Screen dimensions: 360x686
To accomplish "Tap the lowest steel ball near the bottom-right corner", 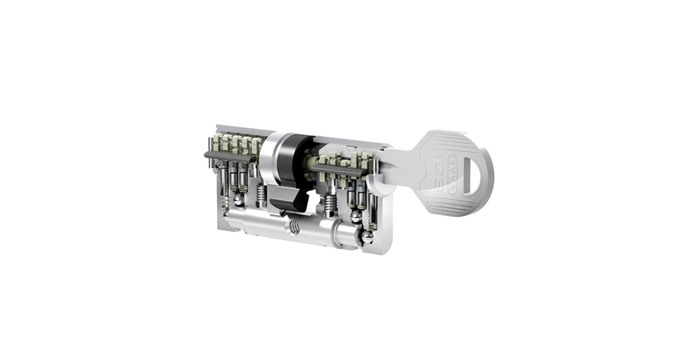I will click(367, 236).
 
